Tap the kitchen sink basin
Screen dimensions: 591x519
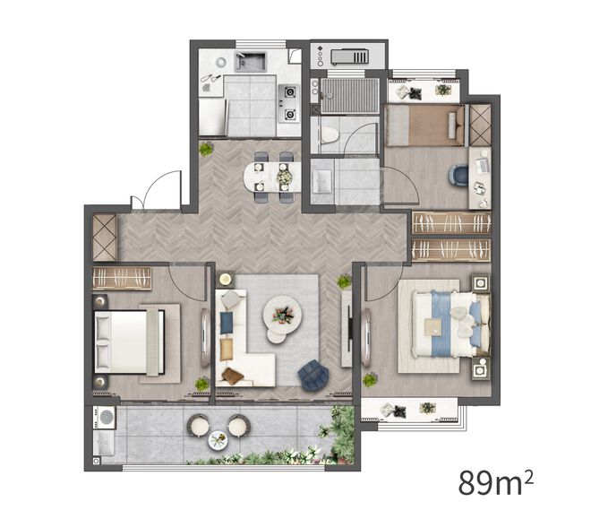tap(250, 62)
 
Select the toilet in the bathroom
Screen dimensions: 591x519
tap(329, 135)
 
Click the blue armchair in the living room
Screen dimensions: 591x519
tap(313, 375)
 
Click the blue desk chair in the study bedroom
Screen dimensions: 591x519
tap(458, 176)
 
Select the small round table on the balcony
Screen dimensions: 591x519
tap(218, 440)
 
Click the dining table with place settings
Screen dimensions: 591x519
tap(272, 177)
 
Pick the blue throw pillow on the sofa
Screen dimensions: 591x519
tap(227, 323)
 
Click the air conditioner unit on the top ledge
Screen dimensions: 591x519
tap(348, 57)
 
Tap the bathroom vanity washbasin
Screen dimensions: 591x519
tap(321, 182)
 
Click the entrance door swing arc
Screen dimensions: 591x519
tap(160, 185)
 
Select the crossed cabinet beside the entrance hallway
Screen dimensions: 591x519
tap(105, 238)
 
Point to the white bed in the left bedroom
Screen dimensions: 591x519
tap(129, 342)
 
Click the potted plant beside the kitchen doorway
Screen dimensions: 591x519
tap(206, 149)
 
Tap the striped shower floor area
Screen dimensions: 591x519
tap(349, 95)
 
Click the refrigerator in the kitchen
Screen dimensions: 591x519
tap(213, 117)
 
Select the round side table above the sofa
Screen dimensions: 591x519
tap(226, 280)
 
